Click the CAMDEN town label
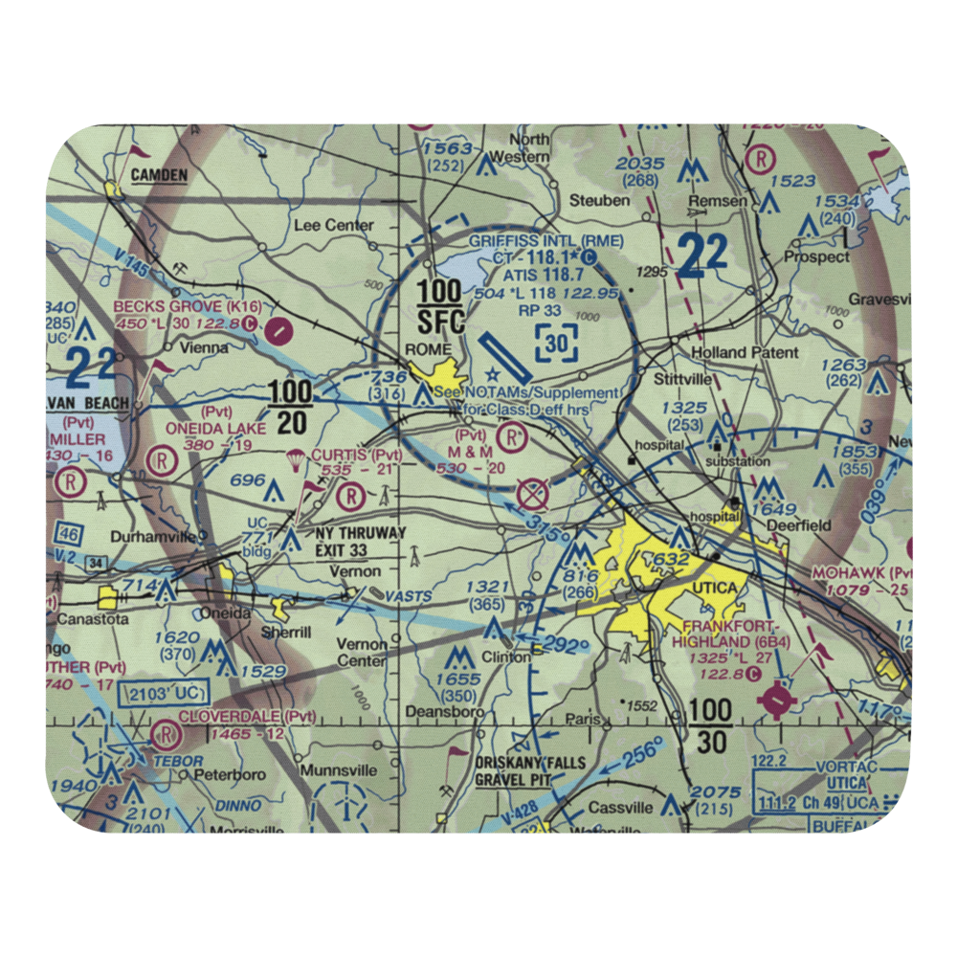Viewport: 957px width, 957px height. [x=159, y=174]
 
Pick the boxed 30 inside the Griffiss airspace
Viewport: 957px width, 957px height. [x=557, y=342]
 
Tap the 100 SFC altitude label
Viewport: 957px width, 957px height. [x=441, y=306]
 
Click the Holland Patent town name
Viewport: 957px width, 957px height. [x=745, y=352]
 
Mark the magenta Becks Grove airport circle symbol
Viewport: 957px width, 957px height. [x=278, y=331]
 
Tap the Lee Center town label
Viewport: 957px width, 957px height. [x=334, y=225]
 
